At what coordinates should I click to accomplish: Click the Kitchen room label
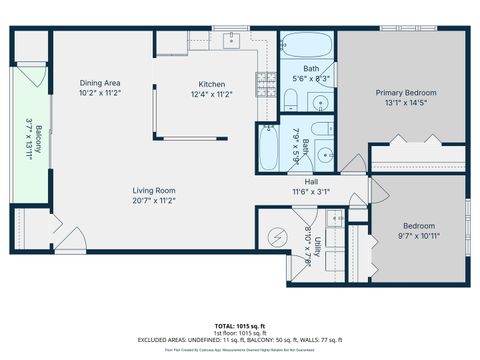(211, 84)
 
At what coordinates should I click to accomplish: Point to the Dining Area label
(100, 82)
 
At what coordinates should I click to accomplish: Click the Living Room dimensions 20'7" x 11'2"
(154, 200)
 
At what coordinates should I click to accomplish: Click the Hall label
(311, 182)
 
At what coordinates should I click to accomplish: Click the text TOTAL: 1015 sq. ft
(240, 326)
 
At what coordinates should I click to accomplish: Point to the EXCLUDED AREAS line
(240, 341)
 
